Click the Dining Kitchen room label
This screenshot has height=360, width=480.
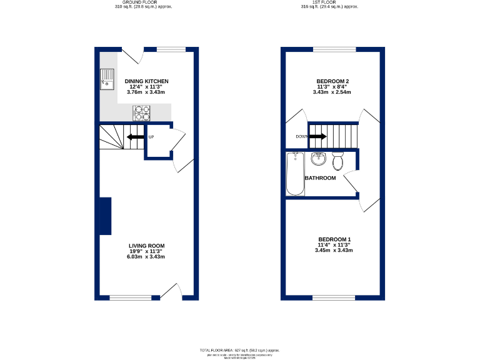tap(146, 81)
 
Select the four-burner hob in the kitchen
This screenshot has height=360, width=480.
tap(142, 112)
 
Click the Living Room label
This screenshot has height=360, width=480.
tap(146, 246)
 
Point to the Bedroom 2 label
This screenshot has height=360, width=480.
tap(332, 81)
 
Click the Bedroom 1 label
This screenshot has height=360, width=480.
tap(334, 239)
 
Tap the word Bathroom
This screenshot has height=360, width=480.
tap(320, 178)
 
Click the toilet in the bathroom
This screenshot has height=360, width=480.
tap(338, 161)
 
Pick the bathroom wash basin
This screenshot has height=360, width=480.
tap(319, 158)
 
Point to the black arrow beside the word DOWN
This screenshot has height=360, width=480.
tap(319, 137)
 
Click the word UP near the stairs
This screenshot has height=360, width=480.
tap(151, 137)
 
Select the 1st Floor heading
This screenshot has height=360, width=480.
tap(329, 2)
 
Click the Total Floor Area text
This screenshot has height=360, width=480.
tap(239, 350)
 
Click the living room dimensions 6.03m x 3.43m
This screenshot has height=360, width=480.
tap(146, 257)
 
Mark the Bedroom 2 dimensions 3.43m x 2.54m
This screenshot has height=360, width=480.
tap(332, 92)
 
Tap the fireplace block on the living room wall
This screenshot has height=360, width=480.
tap(106, 216)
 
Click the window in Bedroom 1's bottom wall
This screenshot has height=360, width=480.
tap(334, 297)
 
